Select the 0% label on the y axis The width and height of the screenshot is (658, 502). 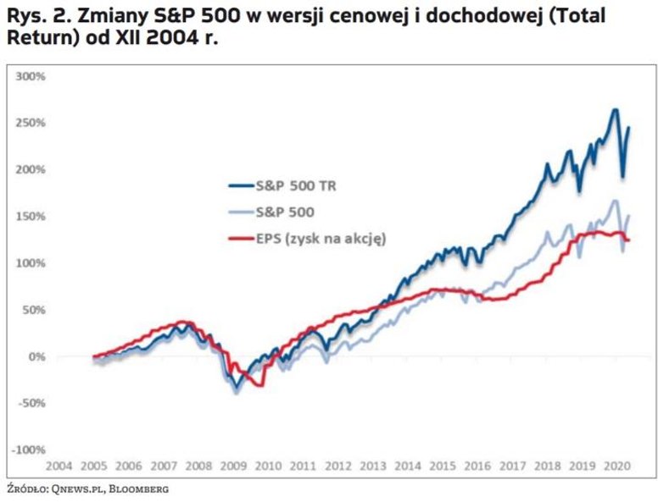click(36, 356)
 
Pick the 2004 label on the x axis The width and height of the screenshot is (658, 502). click(59, 466)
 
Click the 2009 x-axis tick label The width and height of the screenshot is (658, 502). click(232, 466)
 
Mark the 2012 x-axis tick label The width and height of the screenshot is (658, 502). click(337, 466)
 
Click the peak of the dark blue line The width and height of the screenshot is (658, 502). click(616, 110)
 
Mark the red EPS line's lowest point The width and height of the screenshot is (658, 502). click(261, 385)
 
